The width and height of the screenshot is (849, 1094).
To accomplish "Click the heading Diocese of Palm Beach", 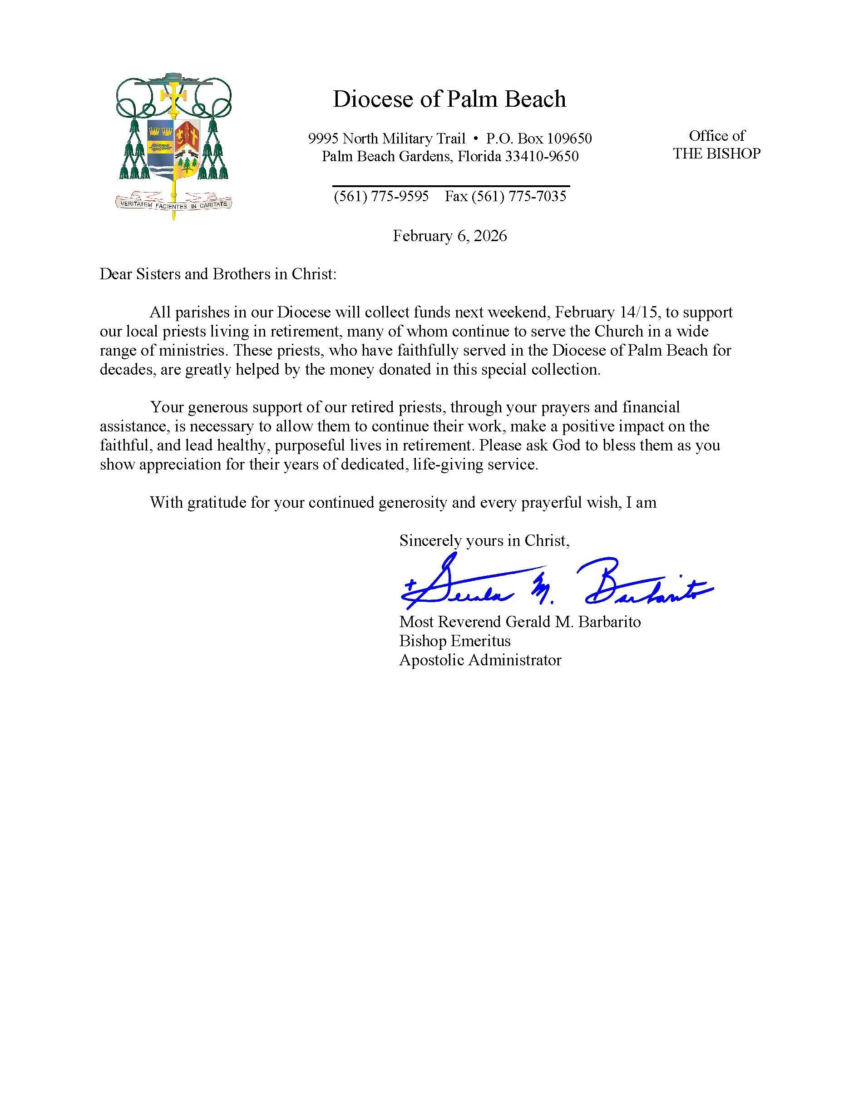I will [x=449, y=99].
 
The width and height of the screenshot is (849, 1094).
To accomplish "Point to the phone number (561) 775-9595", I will [x=381, y=196].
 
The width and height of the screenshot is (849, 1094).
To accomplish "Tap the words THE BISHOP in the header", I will [x=716, y=153].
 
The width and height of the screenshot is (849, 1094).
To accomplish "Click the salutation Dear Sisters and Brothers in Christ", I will [x=218, y=274].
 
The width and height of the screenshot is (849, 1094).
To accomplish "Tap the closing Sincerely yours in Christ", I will [x=484, y=540].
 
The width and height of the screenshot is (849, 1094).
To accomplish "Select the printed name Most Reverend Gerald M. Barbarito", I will [x=519, y=622].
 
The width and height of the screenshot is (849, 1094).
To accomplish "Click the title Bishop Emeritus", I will [x=454, y=641].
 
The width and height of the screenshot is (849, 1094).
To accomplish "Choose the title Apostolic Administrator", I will [x=480, y=660].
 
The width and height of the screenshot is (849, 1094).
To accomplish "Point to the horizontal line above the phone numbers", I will [x=451, y=186].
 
